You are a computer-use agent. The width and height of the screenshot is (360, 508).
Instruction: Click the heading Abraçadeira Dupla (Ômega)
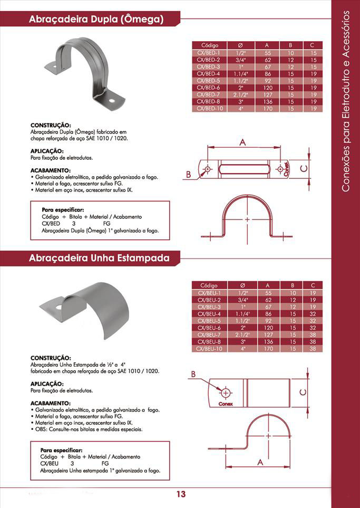click(96, 20)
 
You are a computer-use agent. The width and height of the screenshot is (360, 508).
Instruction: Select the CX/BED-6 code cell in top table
click(208, 88)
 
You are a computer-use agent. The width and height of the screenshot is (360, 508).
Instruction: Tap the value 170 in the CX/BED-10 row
click(268, 108)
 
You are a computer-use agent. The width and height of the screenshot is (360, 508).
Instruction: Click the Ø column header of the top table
click(241, 45)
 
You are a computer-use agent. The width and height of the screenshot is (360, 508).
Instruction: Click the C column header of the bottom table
click(313, 285)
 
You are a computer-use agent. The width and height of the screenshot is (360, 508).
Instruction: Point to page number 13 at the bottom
click(181, 494)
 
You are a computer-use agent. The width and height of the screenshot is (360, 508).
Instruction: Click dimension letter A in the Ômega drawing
click(243, 142)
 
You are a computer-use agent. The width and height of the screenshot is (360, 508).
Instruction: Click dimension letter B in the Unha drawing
click(193, 374)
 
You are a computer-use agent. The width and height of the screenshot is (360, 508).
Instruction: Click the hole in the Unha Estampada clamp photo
click(58, 306)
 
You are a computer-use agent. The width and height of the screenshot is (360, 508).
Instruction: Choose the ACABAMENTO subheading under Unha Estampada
click(51, 403)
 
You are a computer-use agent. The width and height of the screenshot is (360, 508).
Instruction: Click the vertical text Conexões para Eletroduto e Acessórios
click(346, 100)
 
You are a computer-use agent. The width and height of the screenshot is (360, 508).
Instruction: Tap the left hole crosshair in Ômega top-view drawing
click(207, 169)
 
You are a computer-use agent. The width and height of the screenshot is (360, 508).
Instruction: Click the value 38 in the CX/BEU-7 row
click(313, 335)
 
